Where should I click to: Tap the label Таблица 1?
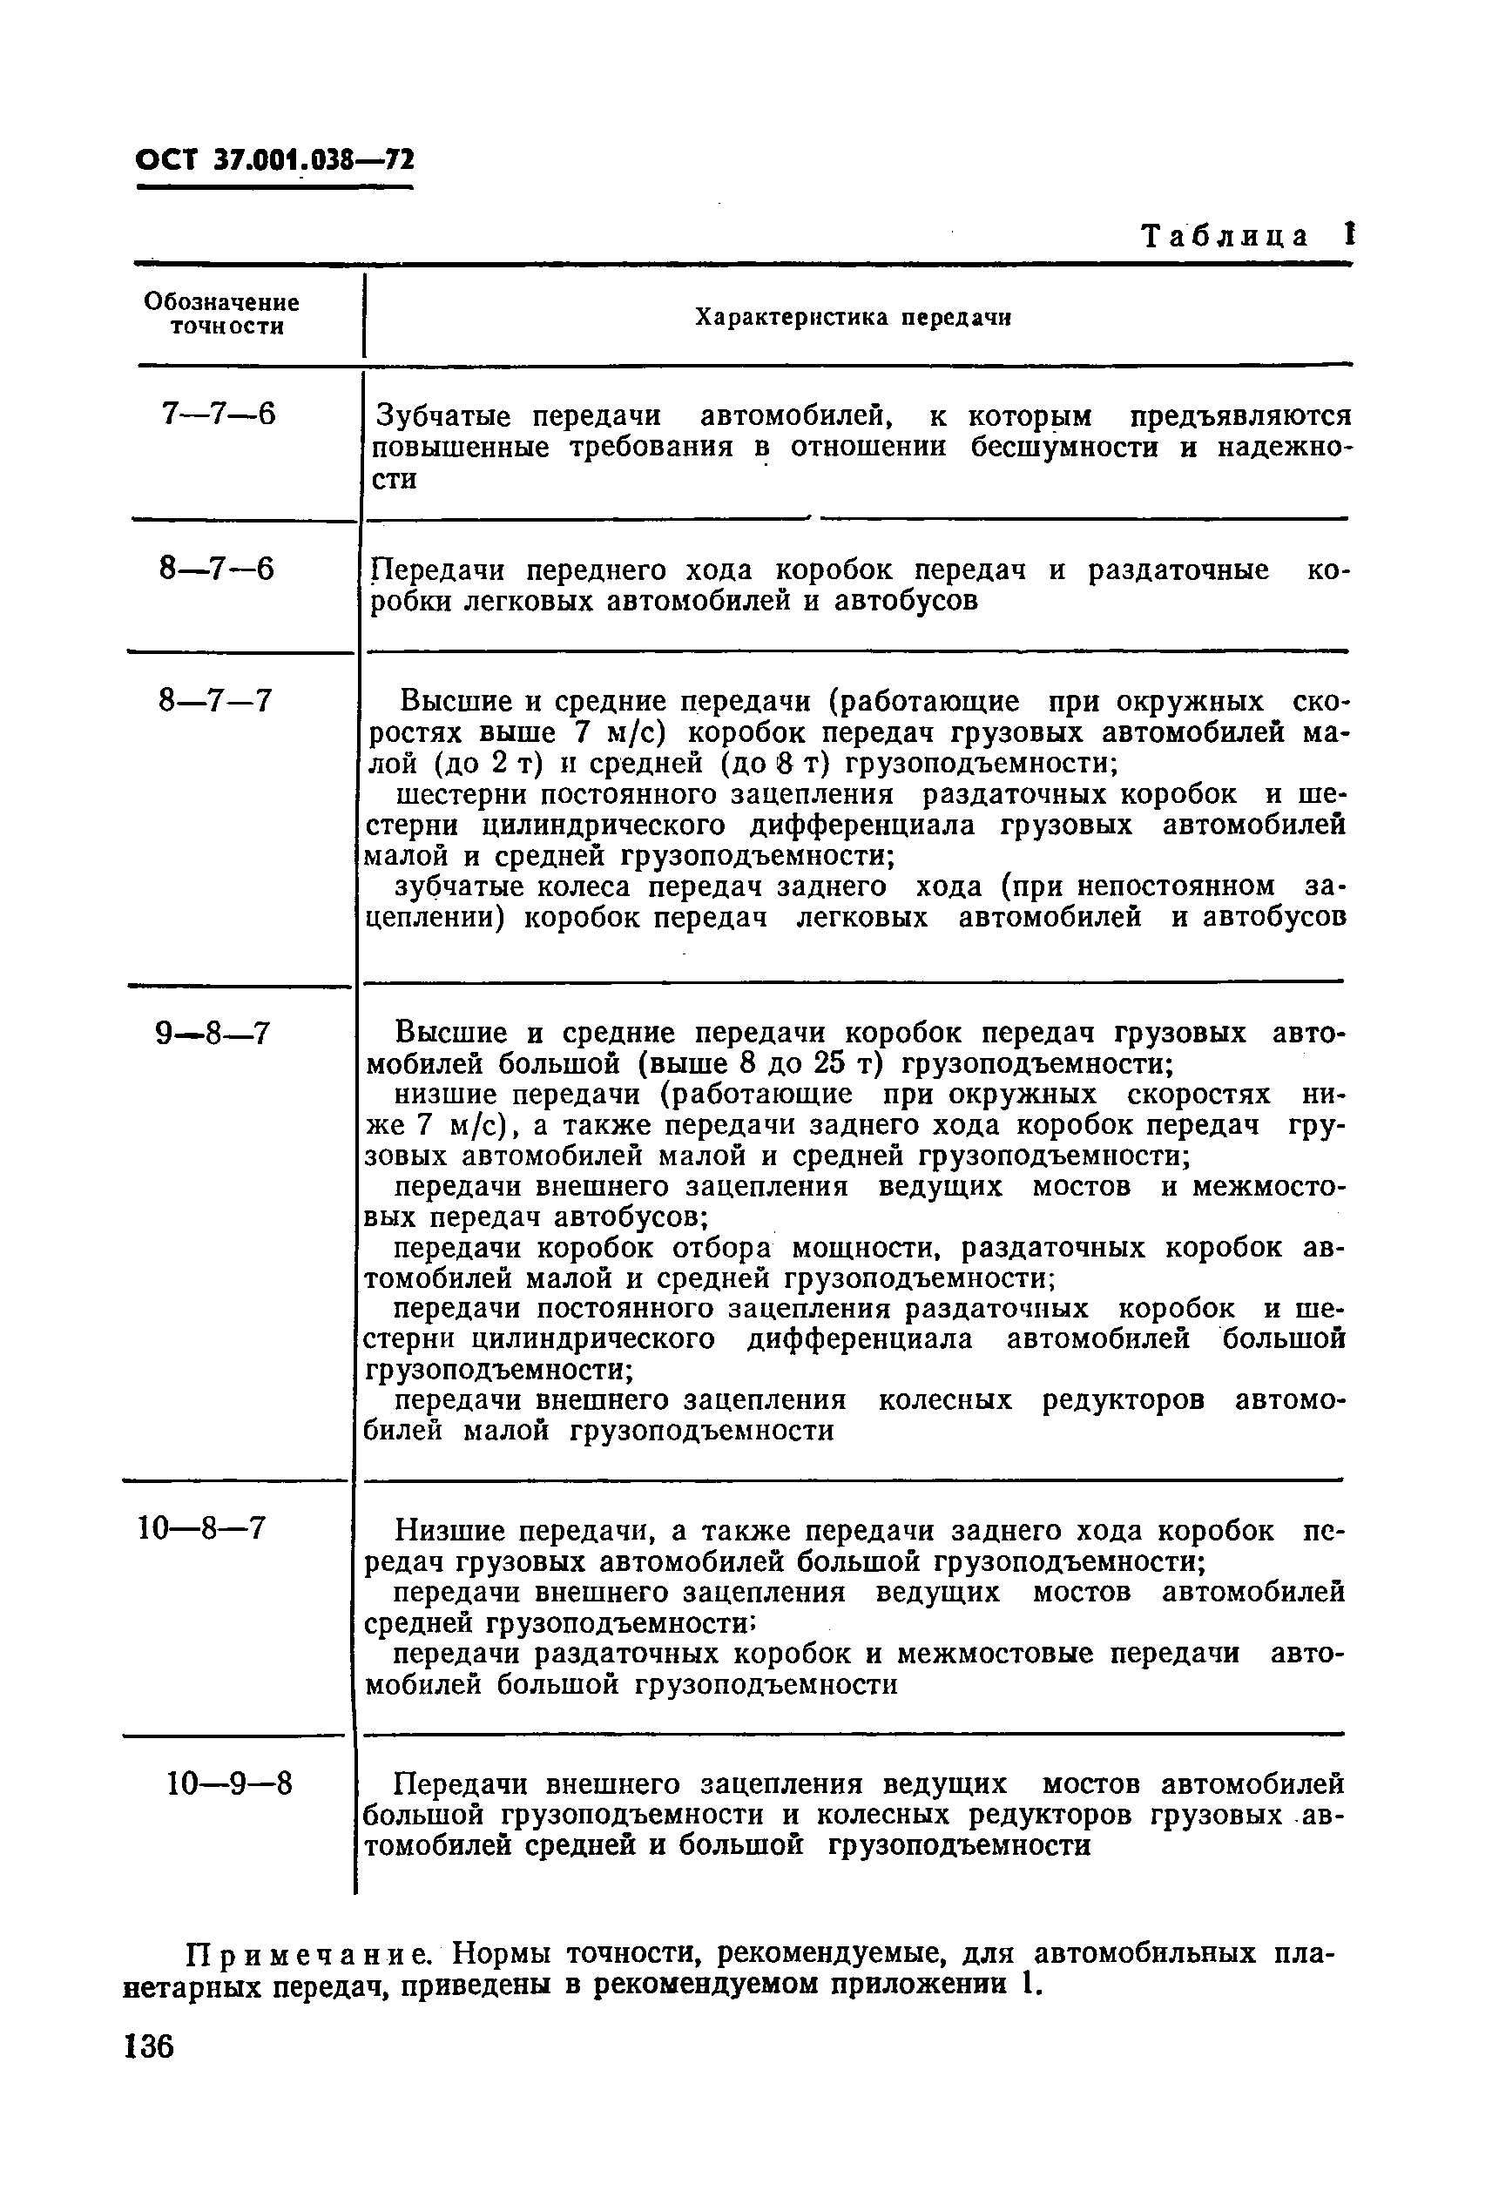(x=1246, y=236)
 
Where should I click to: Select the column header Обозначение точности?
(x=222, y=315)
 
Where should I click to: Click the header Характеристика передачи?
(x=852, y=318)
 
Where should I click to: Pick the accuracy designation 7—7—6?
(x=218, y=415)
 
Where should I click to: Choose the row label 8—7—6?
(x=216, y=569)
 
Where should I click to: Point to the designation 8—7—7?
(x=216, y=701)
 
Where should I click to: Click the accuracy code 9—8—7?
(x=213, y=1032)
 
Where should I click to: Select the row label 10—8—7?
(x=202, y=1529)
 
